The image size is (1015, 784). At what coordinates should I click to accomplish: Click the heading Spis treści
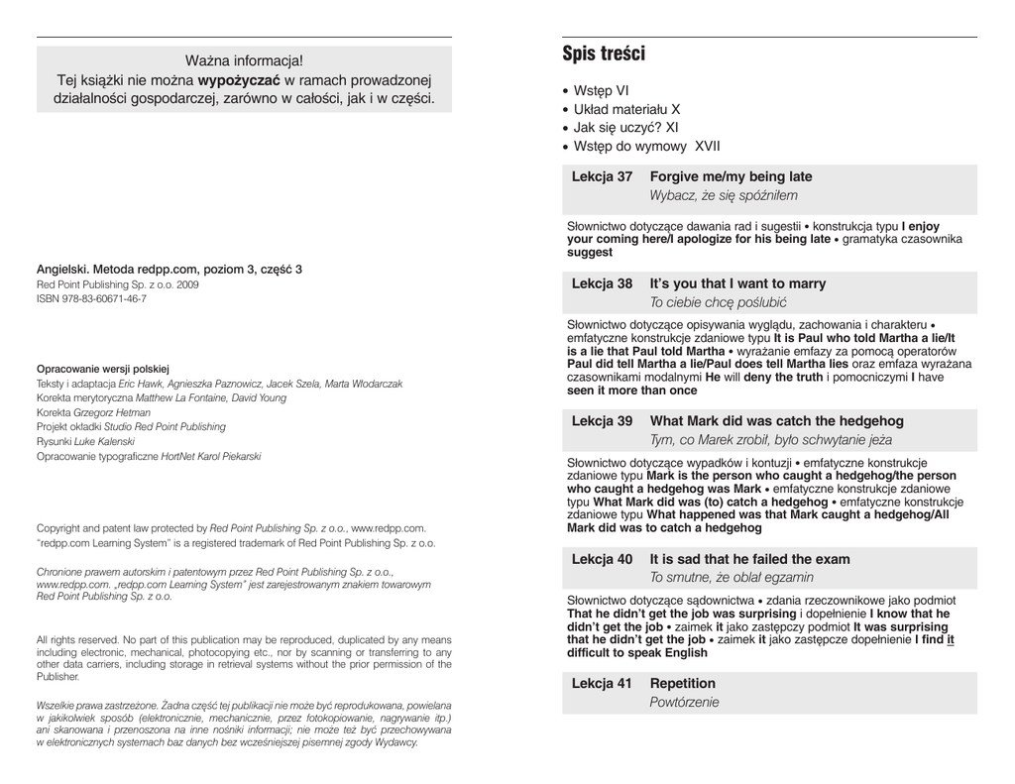603,54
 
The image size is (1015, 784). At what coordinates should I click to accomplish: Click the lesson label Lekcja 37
602,176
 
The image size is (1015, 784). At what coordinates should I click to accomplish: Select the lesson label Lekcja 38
602,283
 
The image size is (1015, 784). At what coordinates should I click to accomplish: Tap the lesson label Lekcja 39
602,420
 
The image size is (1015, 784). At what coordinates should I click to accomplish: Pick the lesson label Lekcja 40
602,559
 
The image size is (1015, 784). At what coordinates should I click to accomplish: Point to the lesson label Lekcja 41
602,684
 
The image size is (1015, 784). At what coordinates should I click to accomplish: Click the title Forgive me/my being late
731,176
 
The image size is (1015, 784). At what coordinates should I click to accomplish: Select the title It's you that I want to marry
737,283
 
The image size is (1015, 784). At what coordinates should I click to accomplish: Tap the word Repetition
682,684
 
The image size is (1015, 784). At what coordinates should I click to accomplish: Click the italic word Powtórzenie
684,703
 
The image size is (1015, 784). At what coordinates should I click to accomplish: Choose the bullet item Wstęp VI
601,90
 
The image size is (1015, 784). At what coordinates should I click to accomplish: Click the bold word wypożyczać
241,80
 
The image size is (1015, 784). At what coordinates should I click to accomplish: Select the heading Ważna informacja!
244,61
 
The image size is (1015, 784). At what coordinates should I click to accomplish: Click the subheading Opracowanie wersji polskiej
104,368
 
